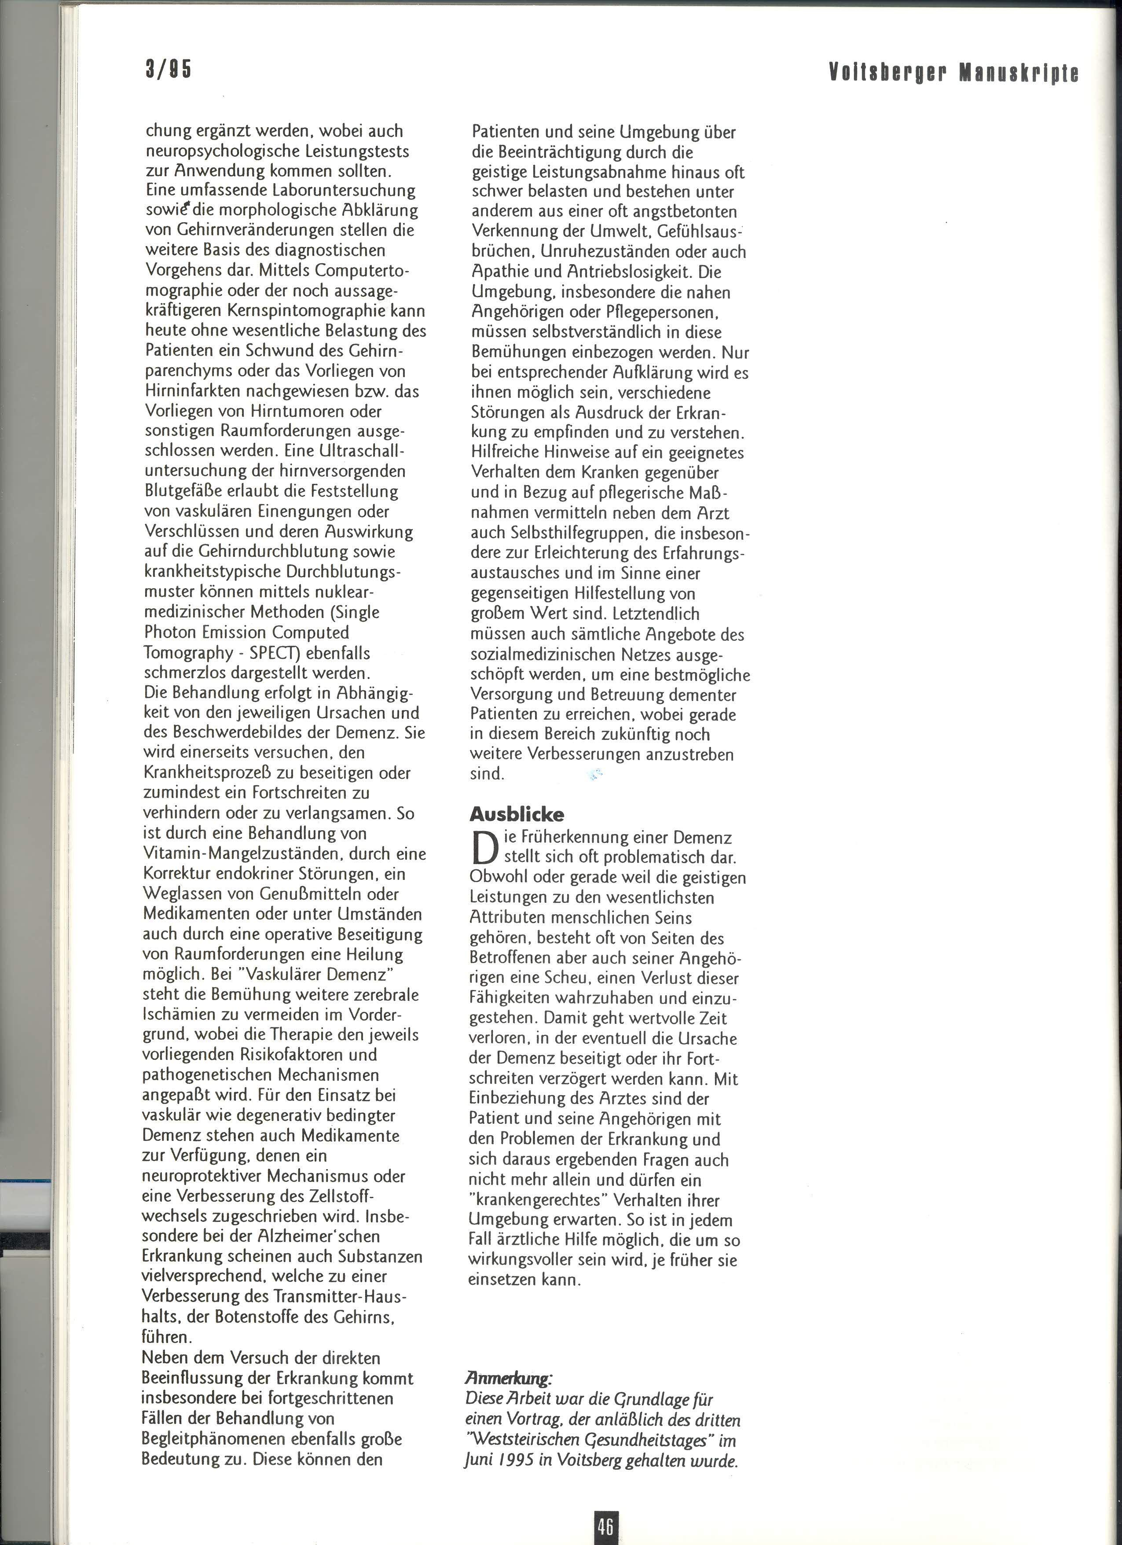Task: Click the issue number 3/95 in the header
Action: [168, 70]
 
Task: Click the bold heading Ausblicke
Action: [517, 814]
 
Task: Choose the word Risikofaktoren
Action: [300, 1055]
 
